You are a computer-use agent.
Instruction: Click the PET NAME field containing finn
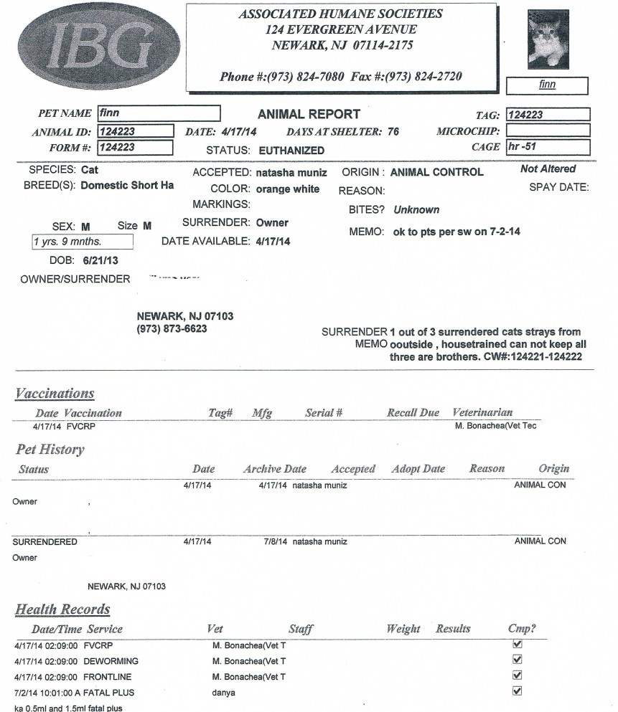pyautogui.click(x=158, y=113)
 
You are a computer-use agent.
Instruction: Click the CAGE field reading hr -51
pyautogui.click(x=547, y=147)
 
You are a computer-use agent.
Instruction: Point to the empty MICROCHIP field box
pyautogui.click(x=547, y=130)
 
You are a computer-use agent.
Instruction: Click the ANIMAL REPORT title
pyautogui.click(x=309, y=114)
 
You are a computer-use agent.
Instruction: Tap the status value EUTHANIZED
pyautogui.click(x=291, y=151)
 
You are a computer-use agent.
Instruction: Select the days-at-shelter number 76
pyautogui.click(x=393, y=132)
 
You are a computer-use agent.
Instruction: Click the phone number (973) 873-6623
pyautogui.click(x=172, y=328)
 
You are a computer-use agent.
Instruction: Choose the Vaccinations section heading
pyautogui.click(x=55, y=394)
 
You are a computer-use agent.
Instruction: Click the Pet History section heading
pyautogui.click(x=50, y=450)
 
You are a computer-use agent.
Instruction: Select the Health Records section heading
pyautogui.click(x=63, y=609)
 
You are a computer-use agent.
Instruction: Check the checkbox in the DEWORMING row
pyautogui.click(x=517, y=660)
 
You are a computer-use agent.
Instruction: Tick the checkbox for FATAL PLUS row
pyautogui.click(x=517, y=691)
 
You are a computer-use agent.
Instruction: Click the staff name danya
pyautogui.click(x=224, y=693)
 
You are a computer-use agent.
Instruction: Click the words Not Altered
pyautogui.click(x=548, y=169)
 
